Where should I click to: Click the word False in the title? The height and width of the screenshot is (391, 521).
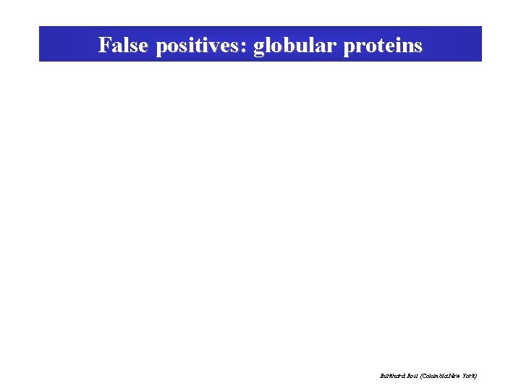click(123, 46)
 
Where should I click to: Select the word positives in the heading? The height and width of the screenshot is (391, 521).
click(200, 46)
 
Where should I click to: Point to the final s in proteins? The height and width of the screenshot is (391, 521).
click(418, 47)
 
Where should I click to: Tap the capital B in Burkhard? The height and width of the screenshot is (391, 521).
click(381, 376)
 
